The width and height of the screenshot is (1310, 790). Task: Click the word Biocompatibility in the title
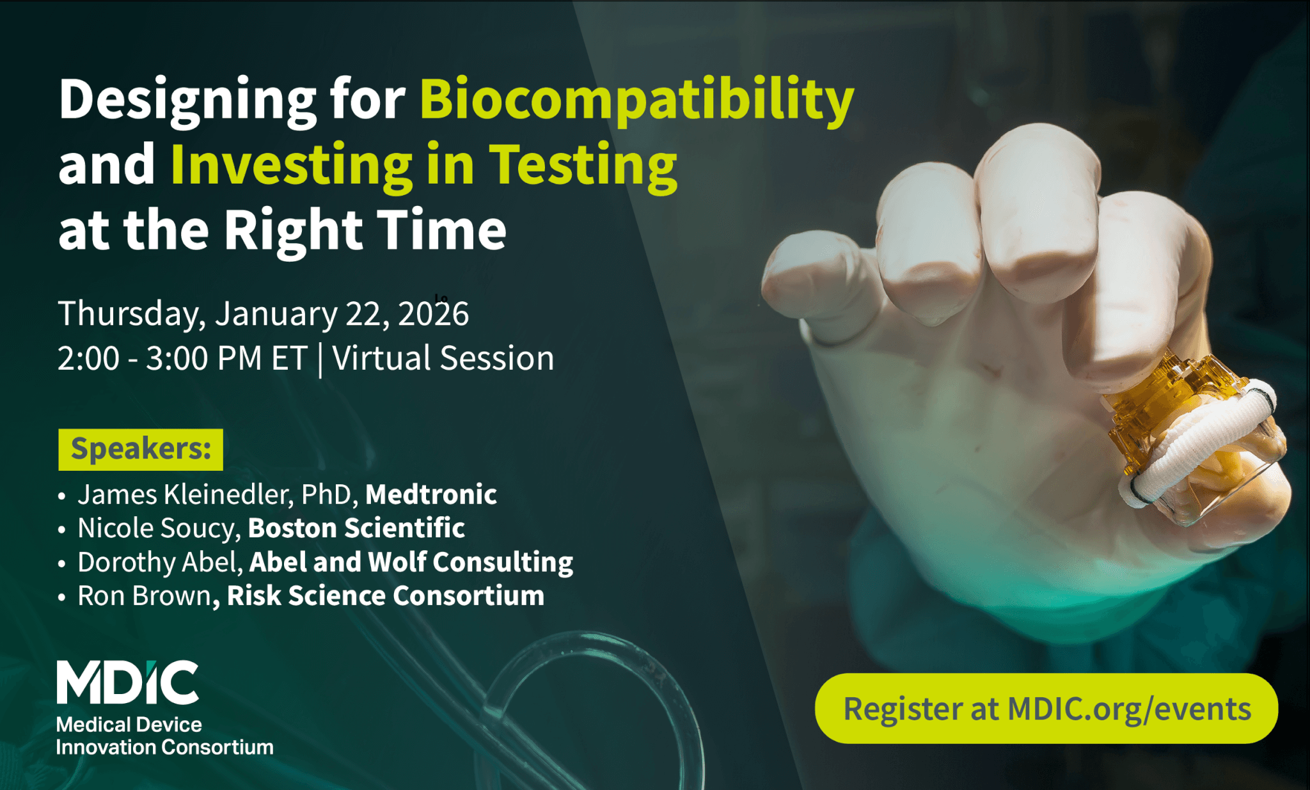(x=637, y=100)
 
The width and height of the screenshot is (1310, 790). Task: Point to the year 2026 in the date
(x=434, y=314)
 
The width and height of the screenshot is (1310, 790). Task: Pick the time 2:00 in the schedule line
(x=88, y=358)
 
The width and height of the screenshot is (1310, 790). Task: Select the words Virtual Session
(x=443, y=358)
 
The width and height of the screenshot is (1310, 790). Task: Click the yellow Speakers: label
(x=141, y=449)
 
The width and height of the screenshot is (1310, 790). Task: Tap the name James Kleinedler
(x=185, y=494)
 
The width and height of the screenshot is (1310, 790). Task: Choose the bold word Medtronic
(x=431, y=494)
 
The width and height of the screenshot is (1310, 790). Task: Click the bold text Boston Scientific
(x=356, y=528)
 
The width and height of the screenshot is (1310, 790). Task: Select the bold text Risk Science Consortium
(x=386, y=596)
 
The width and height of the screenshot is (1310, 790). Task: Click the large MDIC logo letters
(x=127, y=683)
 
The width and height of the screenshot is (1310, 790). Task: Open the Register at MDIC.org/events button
(x=1046, y=709)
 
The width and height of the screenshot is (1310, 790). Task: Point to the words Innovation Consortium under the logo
(x=164, y=747)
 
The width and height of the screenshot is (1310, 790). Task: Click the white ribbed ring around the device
(x=1203, y=441)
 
